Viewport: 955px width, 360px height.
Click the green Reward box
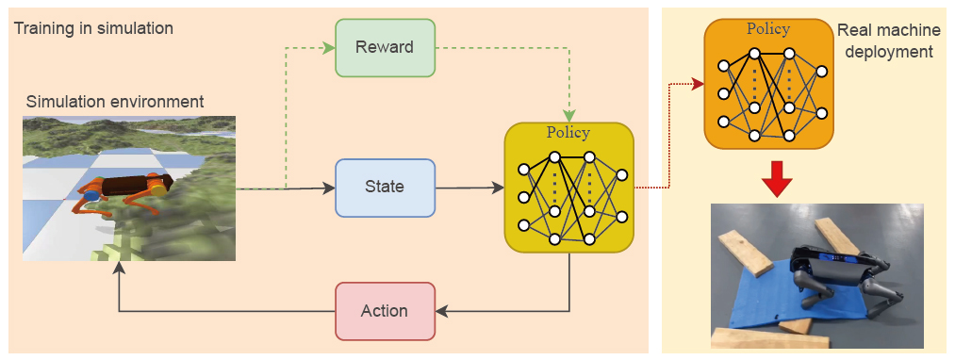pyautogui.click(x=385, y=47)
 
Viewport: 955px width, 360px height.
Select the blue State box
pyautogui.click(x=385, y=188)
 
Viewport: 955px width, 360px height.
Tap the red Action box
pyautogui.click(x=385, y=311)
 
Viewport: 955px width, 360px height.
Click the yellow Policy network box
pyautogui.click(x=568, y=188)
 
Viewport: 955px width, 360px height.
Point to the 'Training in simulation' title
pyautogui.click(x=93, y=28)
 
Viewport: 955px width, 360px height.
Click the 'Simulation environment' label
pyautogui.click(x=115, y=101)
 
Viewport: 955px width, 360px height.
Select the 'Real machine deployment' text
pyautogui.click(x=885, y=41)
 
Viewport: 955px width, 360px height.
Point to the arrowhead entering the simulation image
pyautogui.click(x=119, y=270)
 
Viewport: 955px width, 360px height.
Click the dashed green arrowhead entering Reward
pyautogui.click(x=329, y=47)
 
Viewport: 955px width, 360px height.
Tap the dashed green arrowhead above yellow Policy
pyautogui.click(x=568, y=115)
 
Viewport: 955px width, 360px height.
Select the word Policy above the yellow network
pyautogui.click(x=568, y=133)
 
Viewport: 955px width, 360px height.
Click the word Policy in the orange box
pyautogui.click(x=767, y=28)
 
